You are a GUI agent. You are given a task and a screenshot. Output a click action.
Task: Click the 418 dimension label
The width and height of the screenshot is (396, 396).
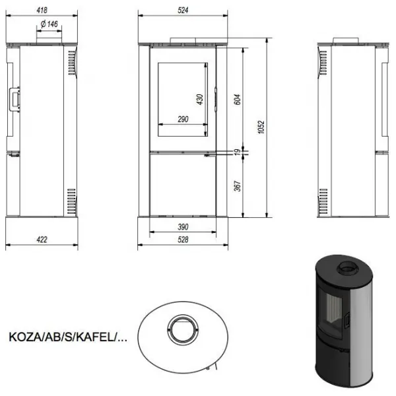pos(42,10)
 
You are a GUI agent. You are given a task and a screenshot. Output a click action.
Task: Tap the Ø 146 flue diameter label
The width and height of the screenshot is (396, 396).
pos(49,24)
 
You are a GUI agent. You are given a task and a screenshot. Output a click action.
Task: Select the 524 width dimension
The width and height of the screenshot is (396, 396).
pos(183,10)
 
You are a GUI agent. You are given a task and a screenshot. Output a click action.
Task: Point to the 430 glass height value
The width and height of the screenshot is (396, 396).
pos(199,100)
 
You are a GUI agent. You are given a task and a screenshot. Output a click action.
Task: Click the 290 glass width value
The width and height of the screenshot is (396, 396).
pos(183,119)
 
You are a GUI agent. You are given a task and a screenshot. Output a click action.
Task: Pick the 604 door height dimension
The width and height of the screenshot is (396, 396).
pos(238,100)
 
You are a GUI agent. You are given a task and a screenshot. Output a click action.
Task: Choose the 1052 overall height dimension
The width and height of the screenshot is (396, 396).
pos(261,127)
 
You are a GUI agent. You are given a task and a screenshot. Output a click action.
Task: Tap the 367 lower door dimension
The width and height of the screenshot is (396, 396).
pos(238,186)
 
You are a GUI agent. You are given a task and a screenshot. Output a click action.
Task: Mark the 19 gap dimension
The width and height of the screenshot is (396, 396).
pos(238,152)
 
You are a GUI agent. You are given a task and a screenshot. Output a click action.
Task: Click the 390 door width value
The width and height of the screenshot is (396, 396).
pos(183,227)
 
